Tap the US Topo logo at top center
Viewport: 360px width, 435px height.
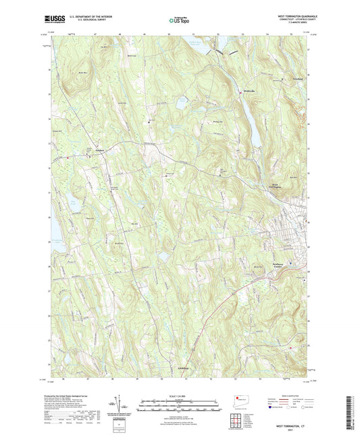tap(179, 20)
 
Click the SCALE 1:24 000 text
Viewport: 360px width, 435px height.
tap(179, 395)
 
